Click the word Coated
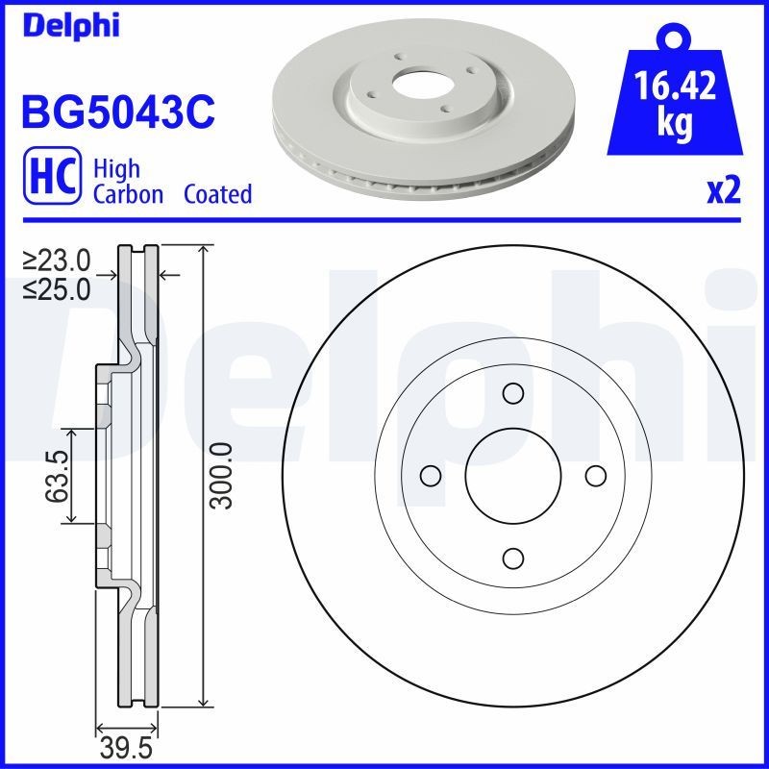point(217,194)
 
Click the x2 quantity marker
point(724,191)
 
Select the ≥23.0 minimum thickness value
point(57,260)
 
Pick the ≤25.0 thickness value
point(57,286)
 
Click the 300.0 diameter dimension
point(221,476)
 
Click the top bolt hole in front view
point(512,393)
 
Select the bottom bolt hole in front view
point(512,558)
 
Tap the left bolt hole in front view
point(431,475)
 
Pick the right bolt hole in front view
point(595,475)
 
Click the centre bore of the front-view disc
point(512,475)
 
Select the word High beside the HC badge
point(116,169)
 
